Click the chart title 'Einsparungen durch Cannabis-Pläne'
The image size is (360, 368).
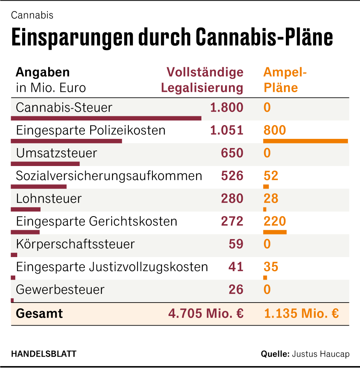(172, 37)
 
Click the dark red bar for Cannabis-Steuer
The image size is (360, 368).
(106, 118)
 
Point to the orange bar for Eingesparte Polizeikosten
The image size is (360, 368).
(305, 141)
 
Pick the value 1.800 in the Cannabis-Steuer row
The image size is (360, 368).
(227, 107)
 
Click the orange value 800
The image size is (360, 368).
(274, 130)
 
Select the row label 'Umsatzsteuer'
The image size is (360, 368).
(57, 153)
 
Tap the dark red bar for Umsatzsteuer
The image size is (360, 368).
(45, 164)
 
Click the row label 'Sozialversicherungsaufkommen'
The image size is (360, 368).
(109, 176)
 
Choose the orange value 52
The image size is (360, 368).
(271, 176)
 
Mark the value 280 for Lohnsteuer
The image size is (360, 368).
(232, 199)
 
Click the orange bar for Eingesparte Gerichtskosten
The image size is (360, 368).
(275, 232)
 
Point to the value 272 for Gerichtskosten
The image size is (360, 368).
(232, 221)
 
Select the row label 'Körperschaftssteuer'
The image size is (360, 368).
(75, 244)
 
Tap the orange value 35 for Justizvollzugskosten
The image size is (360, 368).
(271, 267)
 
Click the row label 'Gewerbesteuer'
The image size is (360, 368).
(60, 289)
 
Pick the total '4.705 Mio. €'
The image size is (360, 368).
(206, 314)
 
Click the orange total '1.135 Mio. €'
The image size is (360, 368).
(301, 314)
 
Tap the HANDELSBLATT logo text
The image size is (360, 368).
(44, 354)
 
